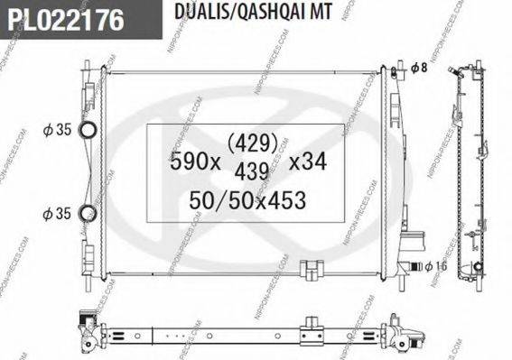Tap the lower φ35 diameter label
58,213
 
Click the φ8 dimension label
417,68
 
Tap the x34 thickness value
306,163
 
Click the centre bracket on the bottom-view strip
312,325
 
